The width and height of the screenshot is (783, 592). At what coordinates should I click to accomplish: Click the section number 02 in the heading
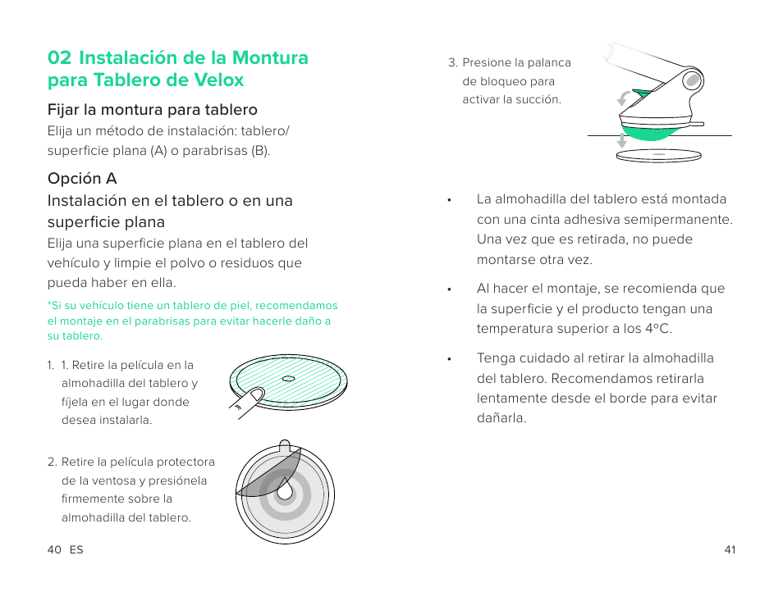tap(59, 58)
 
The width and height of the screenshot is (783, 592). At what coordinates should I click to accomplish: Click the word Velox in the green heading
tap(218, 80)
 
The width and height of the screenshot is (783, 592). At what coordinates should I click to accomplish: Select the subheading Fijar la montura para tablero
tap(153, 110)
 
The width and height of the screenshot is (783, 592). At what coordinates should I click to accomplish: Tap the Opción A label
tap(82, 179)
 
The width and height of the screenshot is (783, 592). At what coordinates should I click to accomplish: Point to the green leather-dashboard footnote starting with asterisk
tap(192, 321)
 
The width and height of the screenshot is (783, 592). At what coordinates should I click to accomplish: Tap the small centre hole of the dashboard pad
tap(286, 378)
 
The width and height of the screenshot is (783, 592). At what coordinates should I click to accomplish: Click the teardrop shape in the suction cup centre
tap(284, 489)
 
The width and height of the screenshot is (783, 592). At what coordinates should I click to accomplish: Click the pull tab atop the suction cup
tap(284, 447)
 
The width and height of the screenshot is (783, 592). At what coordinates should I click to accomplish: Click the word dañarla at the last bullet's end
tap(501, 418)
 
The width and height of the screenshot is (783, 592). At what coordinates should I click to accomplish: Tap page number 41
tap(730, 550)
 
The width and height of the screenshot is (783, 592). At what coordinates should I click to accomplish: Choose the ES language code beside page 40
tap(76, 550)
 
